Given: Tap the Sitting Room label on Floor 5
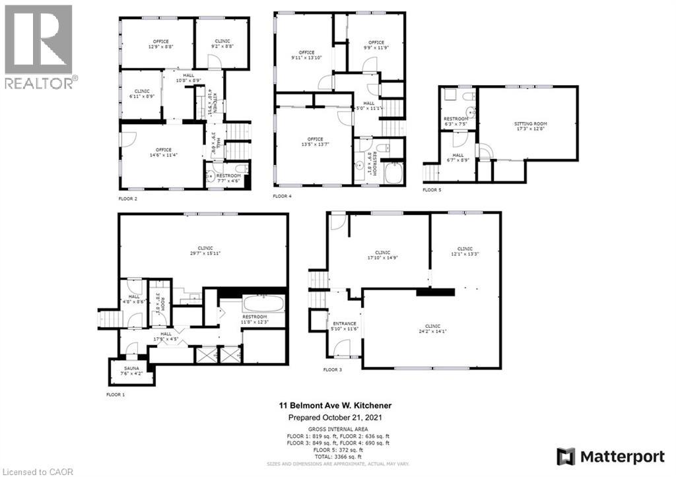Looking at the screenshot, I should pos(531,126).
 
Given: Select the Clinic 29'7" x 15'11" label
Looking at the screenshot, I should pos(204,250).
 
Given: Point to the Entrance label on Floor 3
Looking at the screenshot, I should pos(344,326).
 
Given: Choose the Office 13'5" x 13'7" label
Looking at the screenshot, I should pos(315,142).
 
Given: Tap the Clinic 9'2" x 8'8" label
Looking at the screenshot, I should pos(222,44).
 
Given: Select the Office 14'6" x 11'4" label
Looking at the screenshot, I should pos(163,152).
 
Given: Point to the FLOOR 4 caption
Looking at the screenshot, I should pos(282,197).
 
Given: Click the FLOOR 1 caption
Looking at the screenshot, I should pos(115,395).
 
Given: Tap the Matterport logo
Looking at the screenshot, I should pos(608,455).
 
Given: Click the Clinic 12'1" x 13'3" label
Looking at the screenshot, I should pos(465,251).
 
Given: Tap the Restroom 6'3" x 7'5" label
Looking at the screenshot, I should pos(456,121).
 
